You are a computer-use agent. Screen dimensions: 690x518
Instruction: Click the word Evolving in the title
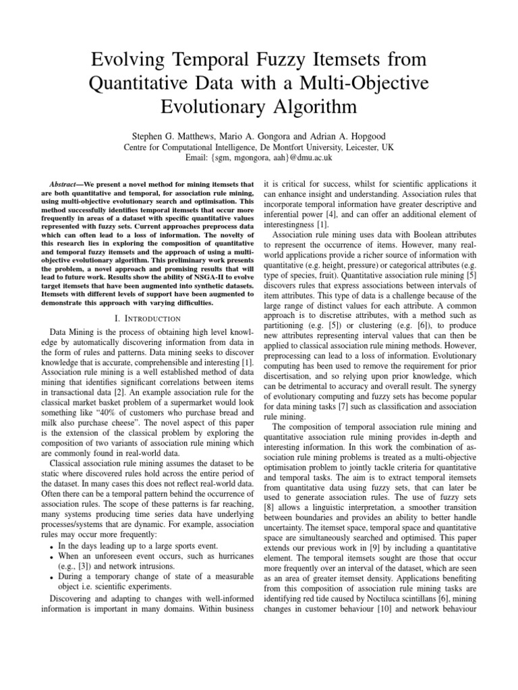[x=127, y=63]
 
